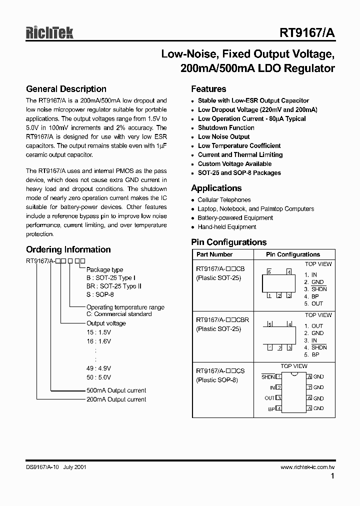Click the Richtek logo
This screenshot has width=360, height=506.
pyautogui.click(x=49, y=32)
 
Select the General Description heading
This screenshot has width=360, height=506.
pyautogui.click(x=66, y=89)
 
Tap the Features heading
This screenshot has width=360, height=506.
pyautogui.click(x=208, y=89)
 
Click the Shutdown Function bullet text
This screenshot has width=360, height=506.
pyautogui.click(x=226, y=127)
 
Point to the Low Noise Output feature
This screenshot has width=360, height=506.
pyautogui.click(x=223, y=136)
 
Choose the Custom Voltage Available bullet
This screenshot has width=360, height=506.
pyautogui.click(x=234, y=163)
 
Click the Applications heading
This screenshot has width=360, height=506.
pyautogui.click(x=216, y=188)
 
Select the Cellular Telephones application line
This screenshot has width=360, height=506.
pyautogui.click(x=224, y=200)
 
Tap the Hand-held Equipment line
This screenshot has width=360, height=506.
pyautogui.click(x=226, y=227)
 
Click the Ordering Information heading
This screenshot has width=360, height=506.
pyautogui.click(x=68, y=249)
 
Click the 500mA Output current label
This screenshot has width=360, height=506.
pyautogui.click(x=116, y=390)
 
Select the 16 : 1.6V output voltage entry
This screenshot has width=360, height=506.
pyautogui.click(x=98, y=341)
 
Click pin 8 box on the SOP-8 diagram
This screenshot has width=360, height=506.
pyautogui.click(x=309, y=376)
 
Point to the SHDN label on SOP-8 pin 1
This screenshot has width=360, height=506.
pyautogui.click(x=268, y=377)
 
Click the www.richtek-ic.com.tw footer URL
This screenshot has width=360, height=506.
pyautogui.click(x=307, y=467)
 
